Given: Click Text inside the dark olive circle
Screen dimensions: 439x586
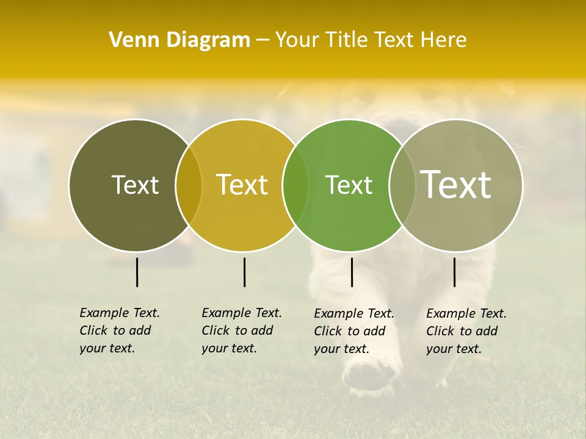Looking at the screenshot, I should tap(135, 185).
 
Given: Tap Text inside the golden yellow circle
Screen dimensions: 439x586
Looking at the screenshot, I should tap(242, 185).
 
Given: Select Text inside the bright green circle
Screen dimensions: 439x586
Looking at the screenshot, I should tap(349, 185).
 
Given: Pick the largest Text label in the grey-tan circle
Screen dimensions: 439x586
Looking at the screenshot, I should tap(456, 185).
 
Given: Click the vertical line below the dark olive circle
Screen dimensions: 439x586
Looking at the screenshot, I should tap(137, 272).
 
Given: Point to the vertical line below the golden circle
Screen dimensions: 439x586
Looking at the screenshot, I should tap(244, 272).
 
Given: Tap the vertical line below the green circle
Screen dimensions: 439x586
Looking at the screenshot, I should tap(352, 272).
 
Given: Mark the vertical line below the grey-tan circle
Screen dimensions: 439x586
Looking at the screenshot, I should tap(454, 272).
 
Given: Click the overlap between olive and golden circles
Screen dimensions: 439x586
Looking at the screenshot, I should tap(189, 185).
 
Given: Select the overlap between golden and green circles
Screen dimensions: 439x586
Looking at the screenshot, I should tap(296, 185).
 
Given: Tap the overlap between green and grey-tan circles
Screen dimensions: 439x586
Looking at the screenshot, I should tap(402, 185).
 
